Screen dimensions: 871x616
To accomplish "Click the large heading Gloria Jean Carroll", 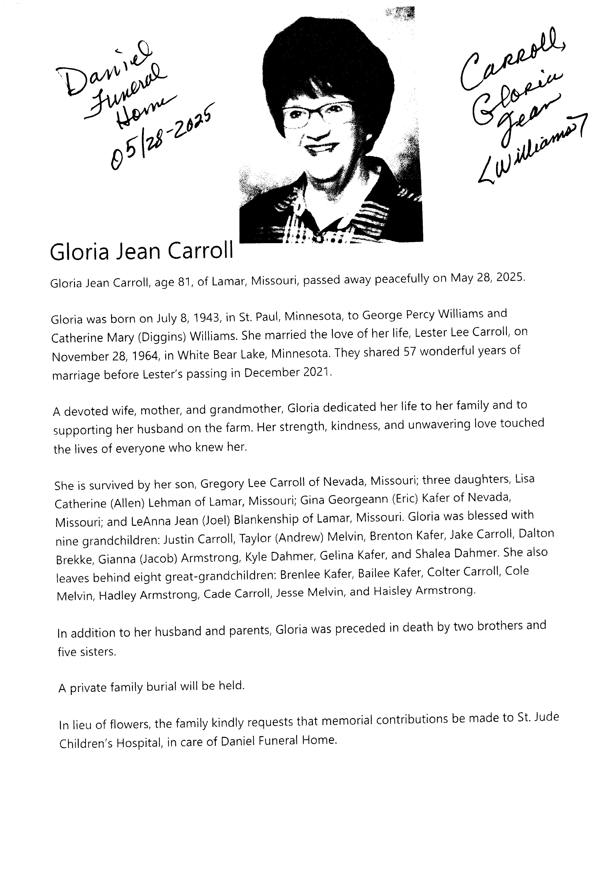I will click(x=141, y=252).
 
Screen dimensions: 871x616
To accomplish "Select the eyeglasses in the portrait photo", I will click(x=317, y=114).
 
